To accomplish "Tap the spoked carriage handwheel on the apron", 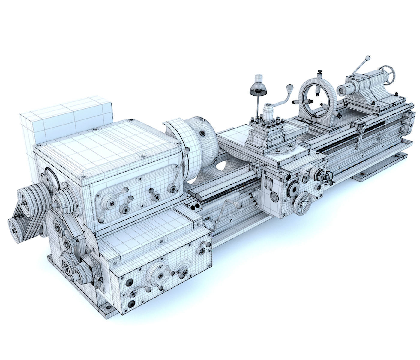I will pos(303,204).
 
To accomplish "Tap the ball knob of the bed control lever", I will pos(238,205).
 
